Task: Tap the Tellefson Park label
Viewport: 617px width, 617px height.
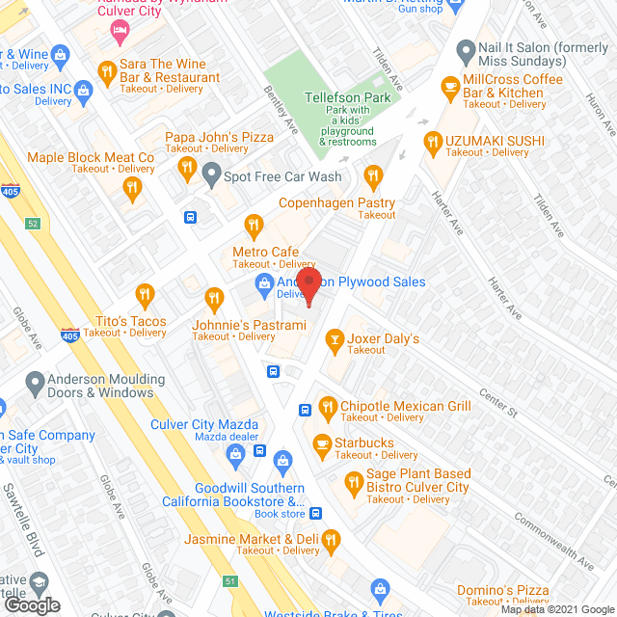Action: pos(346,97)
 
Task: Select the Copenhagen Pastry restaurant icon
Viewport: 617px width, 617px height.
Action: pos(373,175)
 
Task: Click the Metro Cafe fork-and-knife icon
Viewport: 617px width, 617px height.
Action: pos(254,226)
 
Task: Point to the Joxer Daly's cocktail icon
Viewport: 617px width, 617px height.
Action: pos(335,338)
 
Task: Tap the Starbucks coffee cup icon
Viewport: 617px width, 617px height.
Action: pos(323,443)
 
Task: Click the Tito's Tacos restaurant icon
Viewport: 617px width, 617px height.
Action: pos(145,294)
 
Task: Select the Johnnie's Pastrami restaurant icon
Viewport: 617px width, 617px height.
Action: pos(214,297)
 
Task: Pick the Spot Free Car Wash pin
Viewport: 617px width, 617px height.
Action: pos(212,176)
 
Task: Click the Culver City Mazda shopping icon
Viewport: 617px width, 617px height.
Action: pos(234,453)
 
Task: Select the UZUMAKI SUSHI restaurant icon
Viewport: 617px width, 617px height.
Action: pos(430,146)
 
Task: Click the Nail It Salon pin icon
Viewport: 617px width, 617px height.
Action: pos(466,49)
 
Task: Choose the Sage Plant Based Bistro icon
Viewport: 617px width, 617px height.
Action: pos(354,480)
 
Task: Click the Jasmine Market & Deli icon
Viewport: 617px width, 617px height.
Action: pos(332,539)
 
